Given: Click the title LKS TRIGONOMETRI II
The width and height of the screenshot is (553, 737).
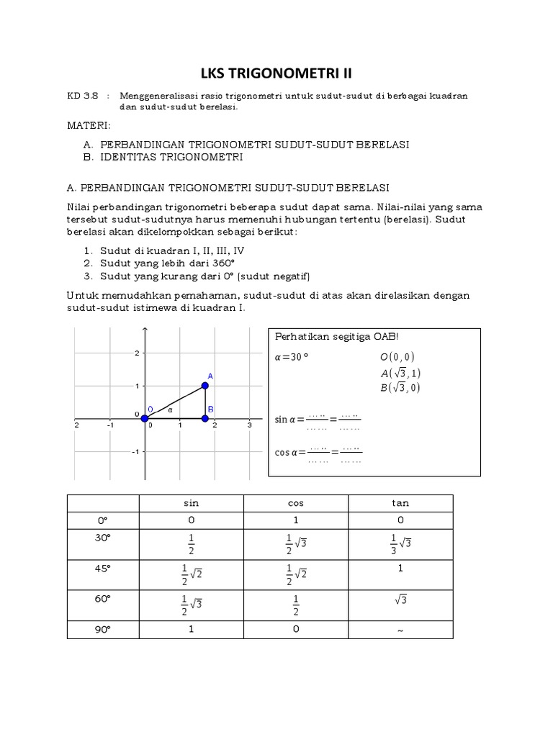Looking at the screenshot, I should pos(276,73).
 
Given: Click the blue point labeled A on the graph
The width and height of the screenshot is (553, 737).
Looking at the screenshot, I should pos(205,386).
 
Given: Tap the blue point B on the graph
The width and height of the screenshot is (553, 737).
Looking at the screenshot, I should pos(205,419).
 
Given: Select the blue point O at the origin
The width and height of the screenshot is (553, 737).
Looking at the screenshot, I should pos(145,419).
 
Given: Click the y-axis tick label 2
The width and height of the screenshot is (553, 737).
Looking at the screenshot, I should pos(137,353).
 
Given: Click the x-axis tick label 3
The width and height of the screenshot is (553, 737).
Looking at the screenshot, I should pos(249,425).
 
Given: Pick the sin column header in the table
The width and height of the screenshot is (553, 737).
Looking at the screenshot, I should pos(191,504).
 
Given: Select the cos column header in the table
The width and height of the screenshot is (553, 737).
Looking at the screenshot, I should pos(296,504).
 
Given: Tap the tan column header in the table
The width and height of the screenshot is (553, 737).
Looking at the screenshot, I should pos(400,504).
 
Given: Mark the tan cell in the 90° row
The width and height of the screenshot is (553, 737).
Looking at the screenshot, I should pos(400,630).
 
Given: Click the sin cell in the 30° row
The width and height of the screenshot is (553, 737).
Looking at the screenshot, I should pos(191,545).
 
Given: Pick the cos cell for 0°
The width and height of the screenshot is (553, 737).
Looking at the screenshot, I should pos(296,520).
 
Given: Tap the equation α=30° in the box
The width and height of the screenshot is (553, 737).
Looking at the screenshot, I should pos(292,356).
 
